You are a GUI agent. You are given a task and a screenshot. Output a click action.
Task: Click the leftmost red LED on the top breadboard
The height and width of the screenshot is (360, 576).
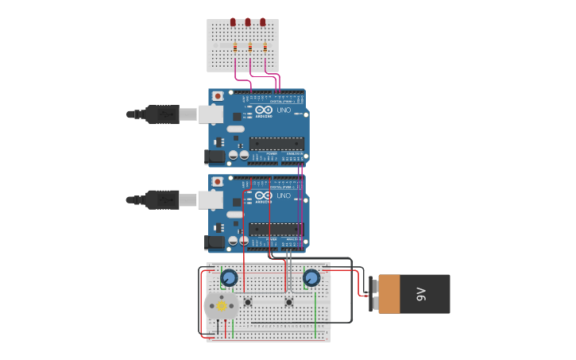tap(233, 22)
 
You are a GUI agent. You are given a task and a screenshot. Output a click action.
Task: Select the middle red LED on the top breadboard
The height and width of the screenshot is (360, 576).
tap(248, 22)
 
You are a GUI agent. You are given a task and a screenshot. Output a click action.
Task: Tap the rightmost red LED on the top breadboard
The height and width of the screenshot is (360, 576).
tap(264, 22)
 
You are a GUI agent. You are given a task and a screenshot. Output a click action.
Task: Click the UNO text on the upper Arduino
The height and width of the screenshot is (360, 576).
tap(284, 110)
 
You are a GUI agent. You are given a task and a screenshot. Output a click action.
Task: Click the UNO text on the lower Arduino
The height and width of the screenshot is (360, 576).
tap(284, 195)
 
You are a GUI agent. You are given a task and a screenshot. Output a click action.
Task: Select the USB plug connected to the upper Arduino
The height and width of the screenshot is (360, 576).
tap(163, 114)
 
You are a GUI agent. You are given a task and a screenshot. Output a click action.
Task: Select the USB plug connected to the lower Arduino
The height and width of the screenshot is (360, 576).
tap(163, 199)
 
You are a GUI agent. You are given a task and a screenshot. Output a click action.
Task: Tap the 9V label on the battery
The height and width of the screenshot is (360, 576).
tap(421, 294)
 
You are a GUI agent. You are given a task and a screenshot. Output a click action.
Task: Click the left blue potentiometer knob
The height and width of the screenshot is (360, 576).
tap(229, 277)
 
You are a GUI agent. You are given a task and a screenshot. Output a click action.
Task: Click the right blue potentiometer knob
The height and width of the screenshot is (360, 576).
tap(311, 277)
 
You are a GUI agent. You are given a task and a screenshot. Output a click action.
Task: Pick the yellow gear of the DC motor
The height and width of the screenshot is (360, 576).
tap(221, 306)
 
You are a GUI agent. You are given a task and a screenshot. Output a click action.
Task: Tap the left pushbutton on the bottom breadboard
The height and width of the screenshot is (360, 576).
tap(248, 301)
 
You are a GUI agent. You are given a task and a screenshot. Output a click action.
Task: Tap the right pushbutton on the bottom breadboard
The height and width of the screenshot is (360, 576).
tap(289, 301)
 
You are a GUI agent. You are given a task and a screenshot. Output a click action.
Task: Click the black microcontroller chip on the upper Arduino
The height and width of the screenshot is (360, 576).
tap(276, 144)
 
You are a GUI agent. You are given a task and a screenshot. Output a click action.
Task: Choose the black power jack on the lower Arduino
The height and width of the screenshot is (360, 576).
tap(215, 242)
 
